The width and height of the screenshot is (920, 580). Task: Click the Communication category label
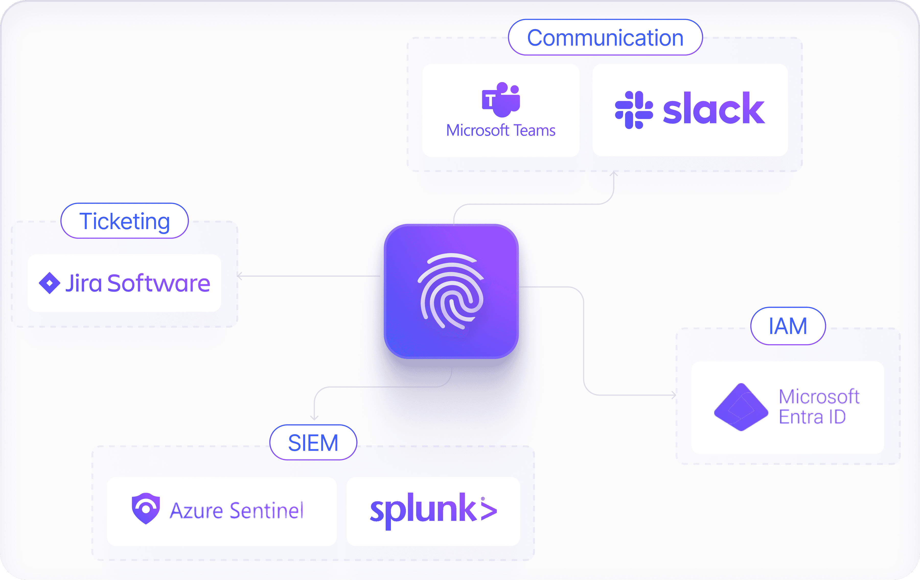point(605,38)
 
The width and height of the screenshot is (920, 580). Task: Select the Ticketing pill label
point(124,221)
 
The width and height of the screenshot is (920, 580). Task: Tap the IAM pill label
point(788,326)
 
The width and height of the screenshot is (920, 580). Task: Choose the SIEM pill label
point(313,442)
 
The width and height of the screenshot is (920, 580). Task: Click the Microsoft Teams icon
point(501,99)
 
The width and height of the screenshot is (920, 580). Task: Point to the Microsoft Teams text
point(501,130)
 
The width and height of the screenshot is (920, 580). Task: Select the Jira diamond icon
point(50,283)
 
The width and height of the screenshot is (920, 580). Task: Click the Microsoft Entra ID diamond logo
point(741,407)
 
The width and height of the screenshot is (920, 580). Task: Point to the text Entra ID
point(812,417)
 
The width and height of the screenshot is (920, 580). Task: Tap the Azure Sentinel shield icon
point(146,508)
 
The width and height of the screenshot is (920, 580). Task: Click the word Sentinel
point(267,510)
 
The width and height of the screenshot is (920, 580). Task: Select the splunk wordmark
point(433,510)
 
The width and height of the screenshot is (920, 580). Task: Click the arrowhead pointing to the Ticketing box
point(239,276)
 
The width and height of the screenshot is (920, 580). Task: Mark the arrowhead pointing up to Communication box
point(614,174)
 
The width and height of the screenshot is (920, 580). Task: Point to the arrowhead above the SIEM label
point(314,418)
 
